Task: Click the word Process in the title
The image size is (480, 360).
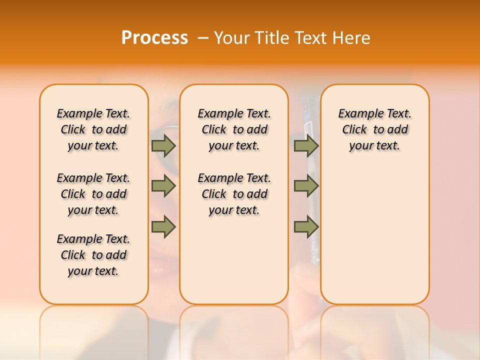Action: tap(154, 38)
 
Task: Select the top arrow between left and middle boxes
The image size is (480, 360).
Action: tap(163, 145)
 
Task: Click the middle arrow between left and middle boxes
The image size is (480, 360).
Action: tap(163, 186)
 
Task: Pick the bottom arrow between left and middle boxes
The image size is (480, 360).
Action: tap(163, 227)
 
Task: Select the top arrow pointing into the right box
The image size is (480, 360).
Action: tap(306, 145)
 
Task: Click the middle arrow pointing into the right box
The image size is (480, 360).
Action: tap(306, 186)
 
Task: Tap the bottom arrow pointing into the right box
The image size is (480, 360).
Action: tap(306, 227)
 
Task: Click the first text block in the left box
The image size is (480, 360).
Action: tap(93, 129)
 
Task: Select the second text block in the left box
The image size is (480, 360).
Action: tap(93, 194)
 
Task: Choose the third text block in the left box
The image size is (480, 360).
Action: tap(93, 255)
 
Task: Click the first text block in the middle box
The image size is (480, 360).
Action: tap(234, 129)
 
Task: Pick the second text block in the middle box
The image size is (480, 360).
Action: tap(234, 194)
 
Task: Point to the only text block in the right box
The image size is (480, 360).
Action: tap(374, 129)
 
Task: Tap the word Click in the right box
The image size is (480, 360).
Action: tap(354, 130)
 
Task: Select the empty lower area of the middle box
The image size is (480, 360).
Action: tap(234, 260)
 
